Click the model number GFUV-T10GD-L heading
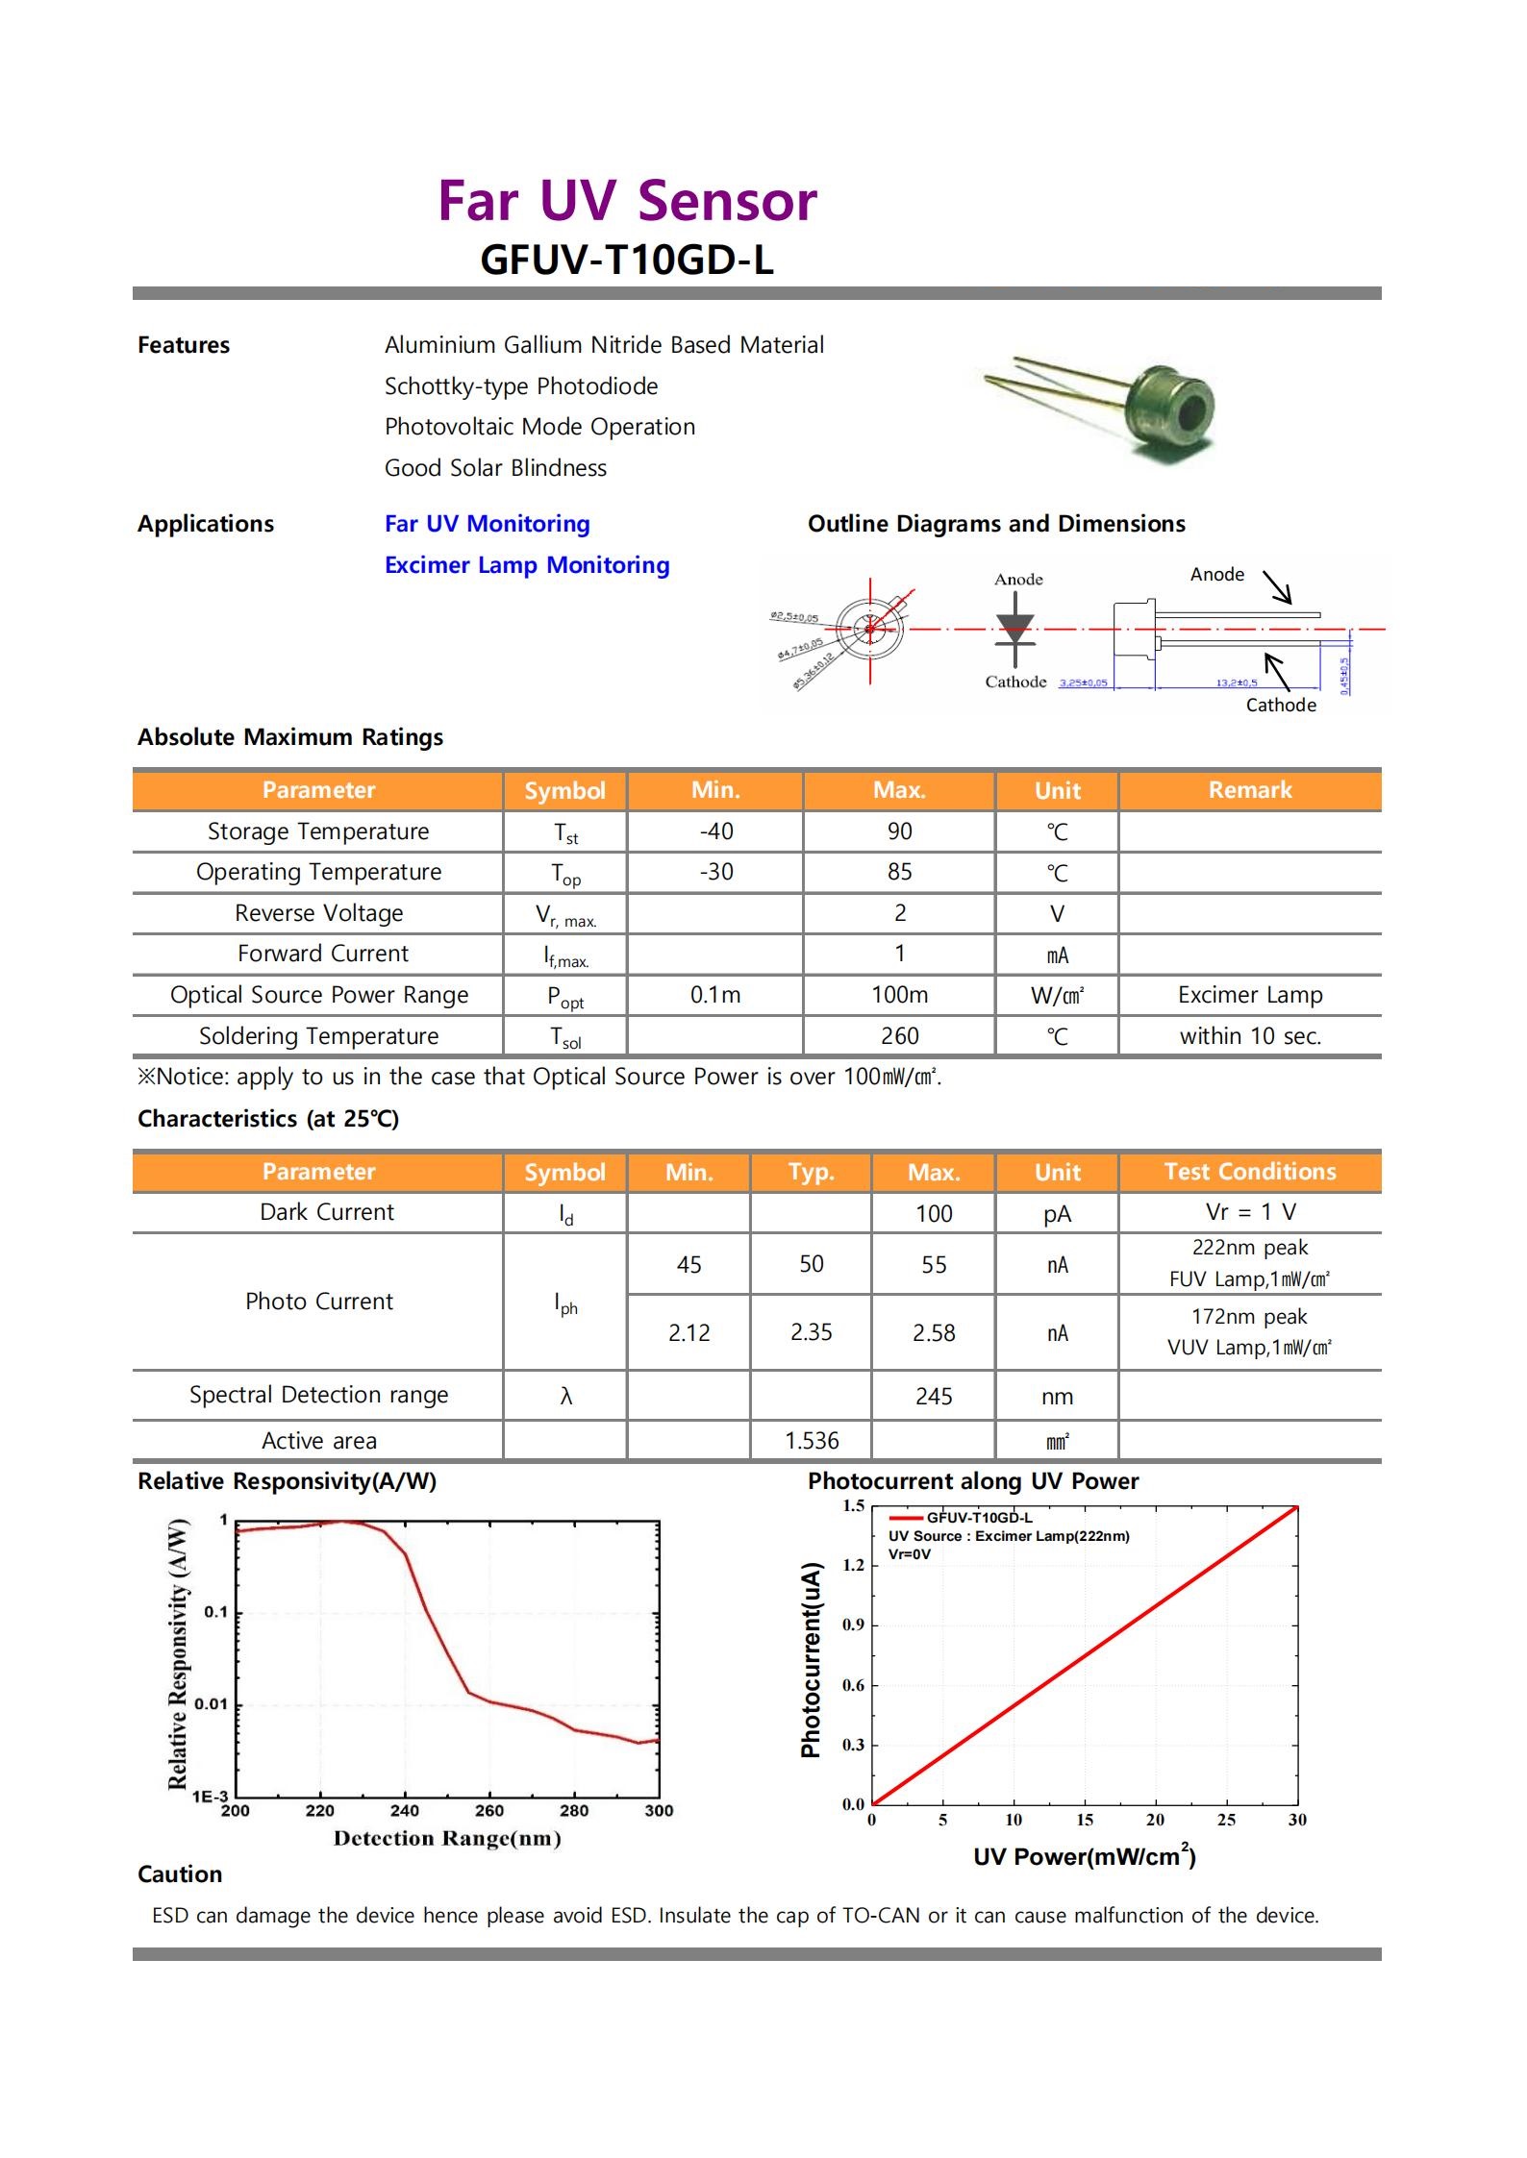[x=626, y=260]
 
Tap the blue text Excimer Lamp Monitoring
[x=527, y=565]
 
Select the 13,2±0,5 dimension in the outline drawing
[x=1236, y=683]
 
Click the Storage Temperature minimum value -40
[x=716, y=831]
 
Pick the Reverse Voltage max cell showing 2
[x=899, y=913]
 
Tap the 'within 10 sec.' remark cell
[x=1250, y=1036]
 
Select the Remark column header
[x=1250, y=790]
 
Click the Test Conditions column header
[x=1250, y=1172]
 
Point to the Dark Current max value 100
[x=934, y=1213]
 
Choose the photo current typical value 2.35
[x=811, y=1332]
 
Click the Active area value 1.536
[x=812, y=1441]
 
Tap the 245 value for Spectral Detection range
[x=934, y=1396]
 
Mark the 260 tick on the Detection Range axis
[x=489, y=1811]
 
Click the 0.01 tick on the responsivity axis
[x=212, y=1704]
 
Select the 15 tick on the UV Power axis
[x=1085, y=1820]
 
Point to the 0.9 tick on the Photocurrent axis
[x=853, y=1625]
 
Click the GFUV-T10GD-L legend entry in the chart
[x=979, y=1518]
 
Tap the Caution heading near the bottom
[x=180, y=1874]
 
